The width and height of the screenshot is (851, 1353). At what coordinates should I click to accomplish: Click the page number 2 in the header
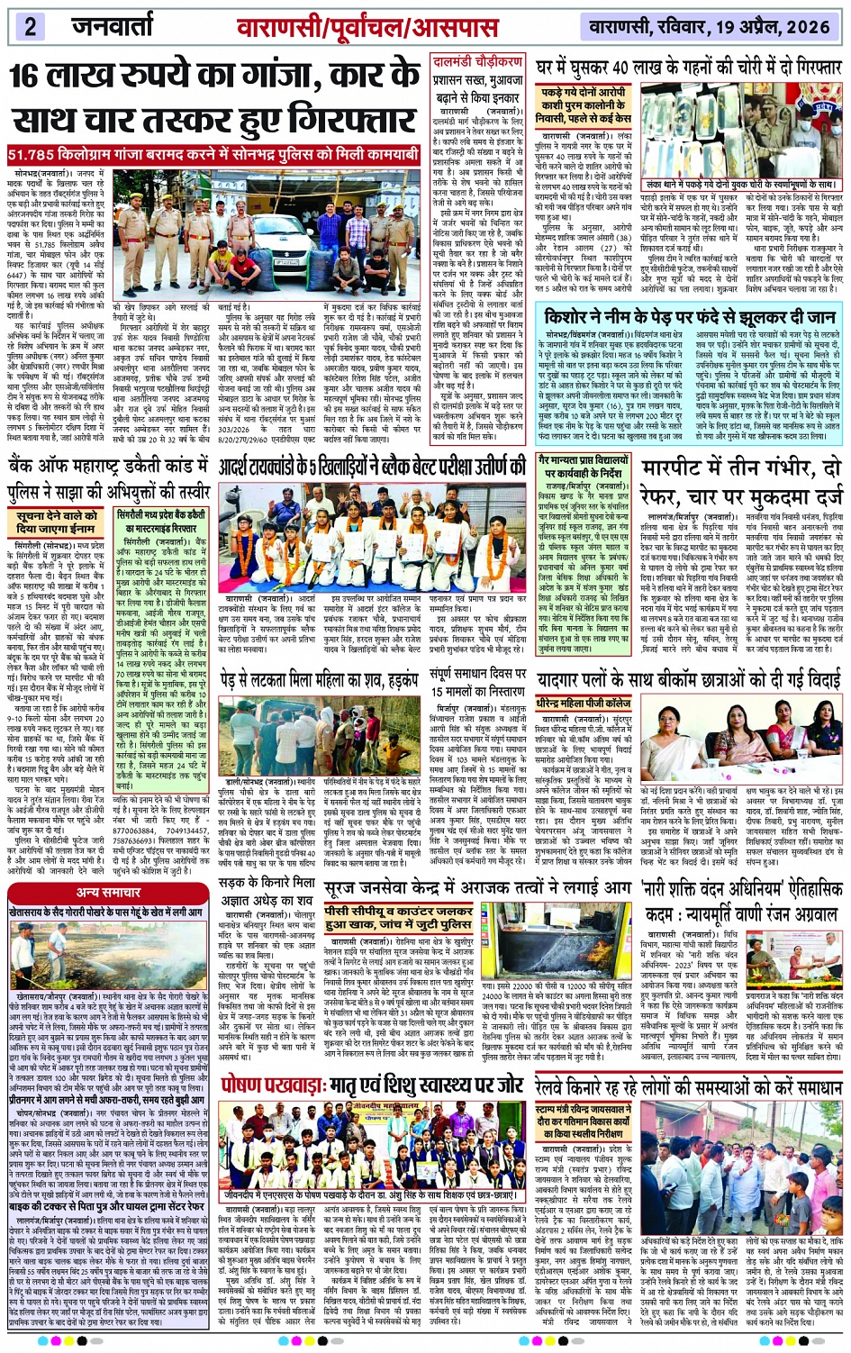[x=30, y=25]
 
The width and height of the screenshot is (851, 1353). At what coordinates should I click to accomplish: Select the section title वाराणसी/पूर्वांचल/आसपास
[x=380, y=26]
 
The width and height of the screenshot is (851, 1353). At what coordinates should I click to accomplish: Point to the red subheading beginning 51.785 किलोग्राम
[x=214, y=154]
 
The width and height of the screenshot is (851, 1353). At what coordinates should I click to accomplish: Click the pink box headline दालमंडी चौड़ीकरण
[x=477, y=62]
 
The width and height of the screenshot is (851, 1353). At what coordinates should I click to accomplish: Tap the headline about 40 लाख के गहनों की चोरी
[x=688, y=68]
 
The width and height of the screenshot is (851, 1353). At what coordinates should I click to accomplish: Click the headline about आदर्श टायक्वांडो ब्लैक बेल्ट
[x=372, y=467]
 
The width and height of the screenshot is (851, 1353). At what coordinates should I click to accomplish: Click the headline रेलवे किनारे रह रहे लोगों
[x=689, y=1086]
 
